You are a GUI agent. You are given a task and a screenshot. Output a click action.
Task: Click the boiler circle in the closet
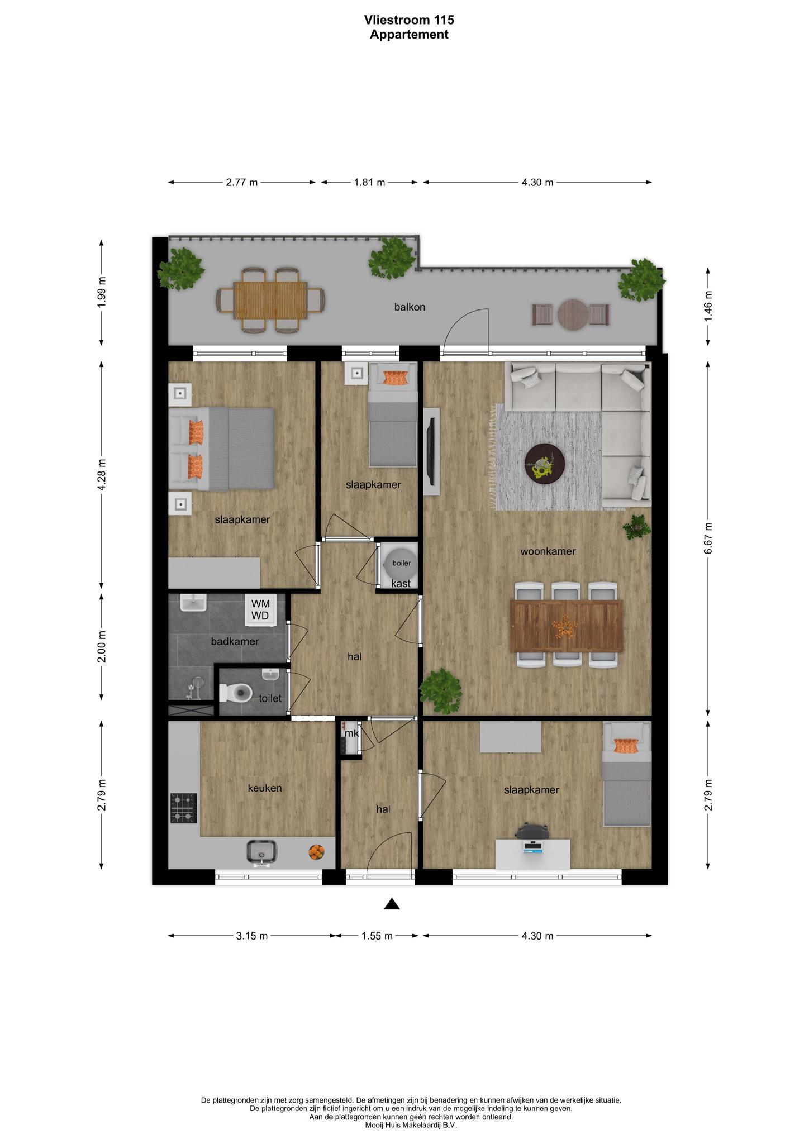[x=401, y=563]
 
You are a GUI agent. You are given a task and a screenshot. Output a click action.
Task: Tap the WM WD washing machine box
[x=260, y=609]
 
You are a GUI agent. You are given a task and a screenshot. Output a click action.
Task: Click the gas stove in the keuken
[x=184, y=808]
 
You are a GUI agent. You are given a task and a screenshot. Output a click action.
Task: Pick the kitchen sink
[x=261, y=852]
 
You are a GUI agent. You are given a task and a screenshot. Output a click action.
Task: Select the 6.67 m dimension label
[x=708, y=538]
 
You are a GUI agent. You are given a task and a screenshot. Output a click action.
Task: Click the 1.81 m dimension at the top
[x=370, y=182]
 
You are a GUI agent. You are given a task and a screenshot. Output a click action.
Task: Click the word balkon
[x=410, y=307]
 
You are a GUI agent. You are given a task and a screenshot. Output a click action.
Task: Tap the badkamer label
[x=235, y=641]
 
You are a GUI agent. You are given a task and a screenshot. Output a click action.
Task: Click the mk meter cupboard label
[x=351, y=733]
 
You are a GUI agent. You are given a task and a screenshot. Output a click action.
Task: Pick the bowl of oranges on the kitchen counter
[x=316, y=852]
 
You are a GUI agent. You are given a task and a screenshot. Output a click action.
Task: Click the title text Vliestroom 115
[x=409, y=20]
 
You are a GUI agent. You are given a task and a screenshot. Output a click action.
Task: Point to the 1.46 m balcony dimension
[x=708, y=306]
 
